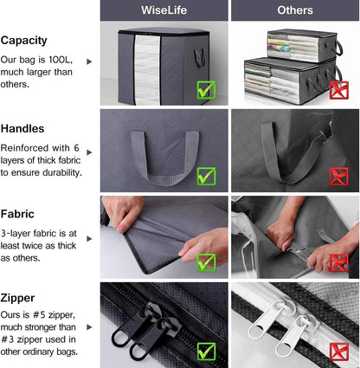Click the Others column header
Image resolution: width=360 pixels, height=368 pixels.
tap(295, 10)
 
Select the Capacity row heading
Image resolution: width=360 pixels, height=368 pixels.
tap(24, 41)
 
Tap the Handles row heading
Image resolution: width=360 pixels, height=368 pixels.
tap(22, 128)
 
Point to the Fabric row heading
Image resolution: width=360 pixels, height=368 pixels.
tap(18, 213)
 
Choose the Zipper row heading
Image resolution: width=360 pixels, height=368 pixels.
tap(19, 298)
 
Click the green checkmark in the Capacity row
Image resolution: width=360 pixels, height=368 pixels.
tap(206, 89)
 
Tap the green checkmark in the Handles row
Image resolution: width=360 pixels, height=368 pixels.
tap(206, 176)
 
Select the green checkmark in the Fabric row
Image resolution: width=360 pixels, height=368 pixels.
tap(206, 261)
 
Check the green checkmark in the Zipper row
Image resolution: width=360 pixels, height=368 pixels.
tap(206, 351)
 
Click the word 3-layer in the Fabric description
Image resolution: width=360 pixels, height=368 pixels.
tap(19, 232)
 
